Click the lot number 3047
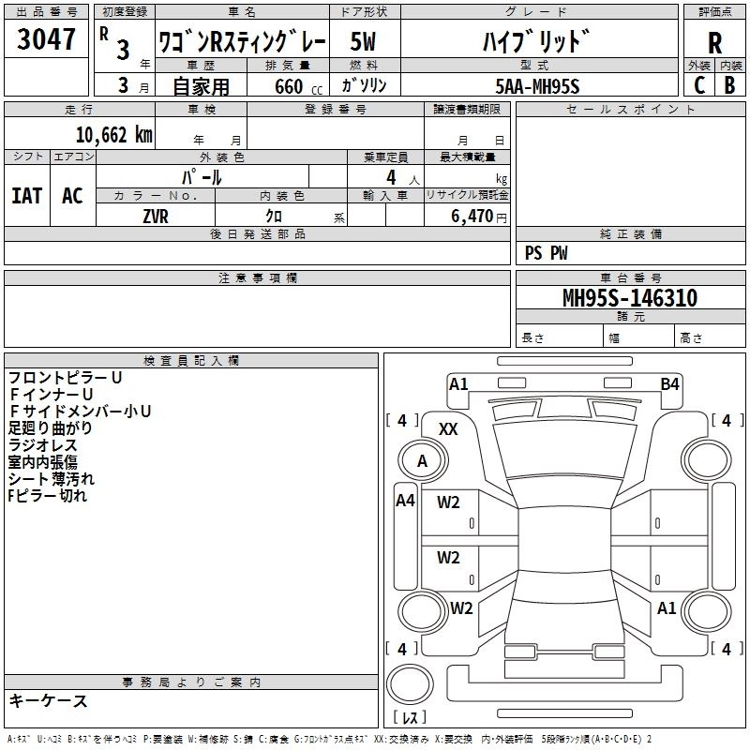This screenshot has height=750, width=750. (46, 39)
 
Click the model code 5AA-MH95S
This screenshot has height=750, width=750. (537, 85)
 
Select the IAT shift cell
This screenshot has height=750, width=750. (27, 195)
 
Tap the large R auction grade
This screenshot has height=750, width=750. (714, 42)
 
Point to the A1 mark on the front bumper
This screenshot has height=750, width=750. (458, 383)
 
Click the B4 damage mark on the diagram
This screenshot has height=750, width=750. (669, 383)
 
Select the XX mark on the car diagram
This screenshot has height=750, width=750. (449, 428)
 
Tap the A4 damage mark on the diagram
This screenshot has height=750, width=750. (405, 501)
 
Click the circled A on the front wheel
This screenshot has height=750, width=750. (422, 460)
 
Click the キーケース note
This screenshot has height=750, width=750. (48, 700)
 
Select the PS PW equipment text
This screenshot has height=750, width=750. (547, 252)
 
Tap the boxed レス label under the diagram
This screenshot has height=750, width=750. (410, 717)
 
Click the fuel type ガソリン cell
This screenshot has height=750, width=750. (365, 85)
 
